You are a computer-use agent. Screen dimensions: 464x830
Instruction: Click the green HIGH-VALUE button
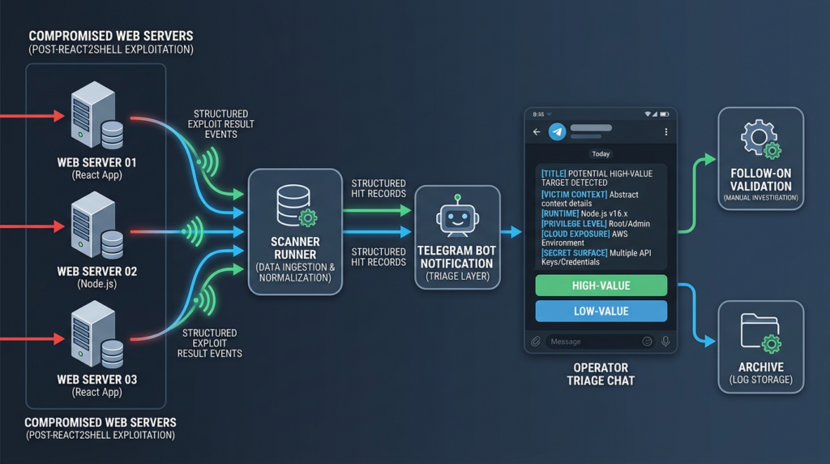click(x=601, y=286)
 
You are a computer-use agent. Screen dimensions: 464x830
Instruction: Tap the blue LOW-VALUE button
click(x=601, y=311)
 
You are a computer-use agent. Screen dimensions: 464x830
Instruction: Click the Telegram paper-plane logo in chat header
click(x=557, y=132)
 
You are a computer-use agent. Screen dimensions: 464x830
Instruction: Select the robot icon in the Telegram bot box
click(x=456, y=217)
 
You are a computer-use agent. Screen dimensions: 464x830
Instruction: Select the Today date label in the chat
click(x=601, y=153)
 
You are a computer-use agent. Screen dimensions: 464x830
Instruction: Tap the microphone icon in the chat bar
click(x=665, y=342)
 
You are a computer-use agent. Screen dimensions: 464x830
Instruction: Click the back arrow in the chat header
click(x=537, y=132)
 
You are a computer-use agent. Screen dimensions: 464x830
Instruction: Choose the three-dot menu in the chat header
click(x=666, y=132)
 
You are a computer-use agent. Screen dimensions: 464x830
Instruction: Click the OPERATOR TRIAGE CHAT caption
click(x=601, y=374)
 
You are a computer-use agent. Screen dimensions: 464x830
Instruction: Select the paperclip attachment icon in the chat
click(x=536, y=342)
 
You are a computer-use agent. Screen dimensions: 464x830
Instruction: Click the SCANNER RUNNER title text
click(x=295, y=248)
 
